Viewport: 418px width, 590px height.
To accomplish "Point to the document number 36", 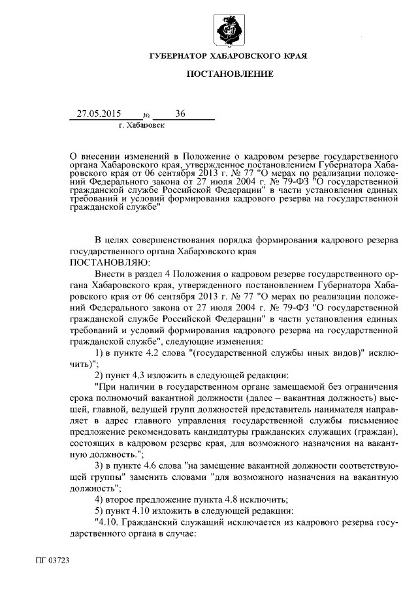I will click(x=180, y=114).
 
